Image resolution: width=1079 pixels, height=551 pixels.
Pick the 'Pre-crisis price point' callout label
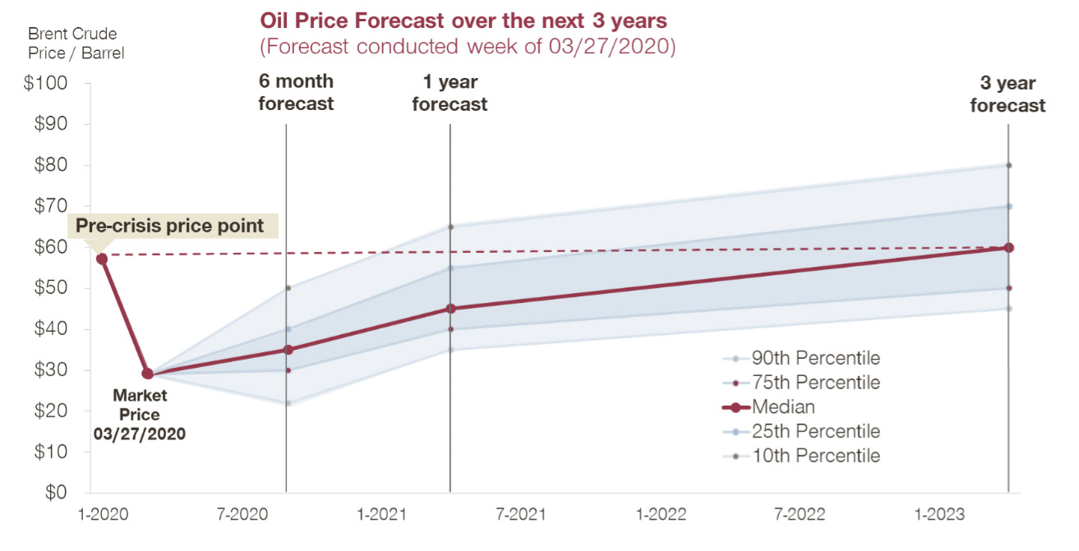[170, 226]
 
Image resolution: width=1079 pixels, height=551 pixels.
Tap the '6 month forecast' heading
[296, 93]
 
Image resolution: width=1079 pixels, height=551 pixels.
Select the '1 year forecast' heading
[450, 93]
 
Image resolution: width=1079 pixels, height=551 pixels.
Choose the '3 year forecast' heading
[1008, 94]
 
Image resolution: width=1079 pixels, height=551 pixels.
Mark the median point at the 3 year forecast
[1008, 247]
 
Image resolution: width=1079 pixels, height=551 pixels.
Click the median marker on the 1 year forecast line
[450, 309]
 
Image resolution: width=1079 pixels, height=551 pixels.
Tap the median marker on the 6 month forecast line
[288, 350]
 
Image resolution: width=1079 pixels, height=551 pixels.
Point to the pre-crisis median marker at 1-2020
[102, 259]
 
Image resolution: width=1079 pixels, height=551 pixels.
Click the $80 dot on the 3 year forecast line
[1008, 165]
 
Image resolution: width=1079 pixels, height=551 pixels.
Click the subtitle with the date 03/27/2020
[468, 47]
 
